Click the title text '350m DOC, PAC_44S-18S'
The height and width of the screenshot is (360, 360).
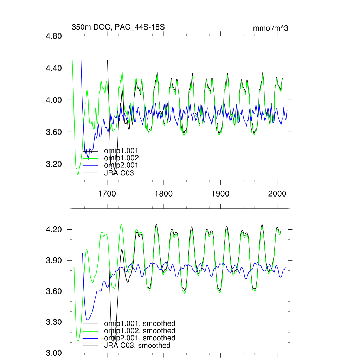pyautogui.click(x=118, y=27)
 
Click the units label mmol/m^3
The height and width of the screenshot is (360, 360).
pyautogui.click(x=270, y=28)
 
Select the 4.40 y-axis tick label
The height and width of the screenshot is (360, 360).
pyautogui.click(x=54, y=68)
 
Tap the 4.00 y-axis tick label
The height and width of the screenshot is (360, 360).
pyautogui.click(x=54, y=100)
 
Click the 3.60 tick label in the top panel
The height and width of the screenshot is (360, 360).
pyautogui.click(x=54, y=132)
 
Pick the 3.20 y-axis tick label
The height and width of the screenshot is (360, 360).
pyautogui.click(x=54, y=164)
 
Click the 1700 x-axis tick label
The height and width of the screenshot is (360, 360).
pyautogui.click(x=107, y=193)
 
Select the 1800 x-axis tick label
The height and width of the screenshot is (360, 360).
pyautogui.click(x=163, y=193)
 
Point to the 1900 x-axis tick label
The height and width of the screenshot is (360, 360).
pyautogui.click(x=220, y=193)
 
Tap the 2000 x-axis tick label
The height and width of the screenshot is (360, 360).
pyautogui.click(x=277, y=193)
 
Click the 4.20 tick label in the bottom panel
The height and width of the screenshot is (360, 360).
pyautogui.click(x=54, y=230)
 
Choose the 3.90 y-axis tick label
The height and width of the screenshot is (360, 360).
pyautogui.click(x=54, y=261)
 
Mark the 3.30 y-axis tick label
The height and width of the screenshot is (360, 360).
pyautogui.click(x=54, y=322)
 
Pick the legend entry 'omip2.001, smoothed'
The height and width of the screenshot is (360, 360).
pyautogui.click(x=139, y=338)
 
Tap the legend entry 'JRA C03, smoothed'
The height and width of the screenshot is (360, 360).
pyautogui.click(x=137, y=346)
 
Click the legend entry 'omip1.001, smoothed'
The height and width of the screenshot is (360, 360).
pyautogui.click(x=139, y=323)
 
